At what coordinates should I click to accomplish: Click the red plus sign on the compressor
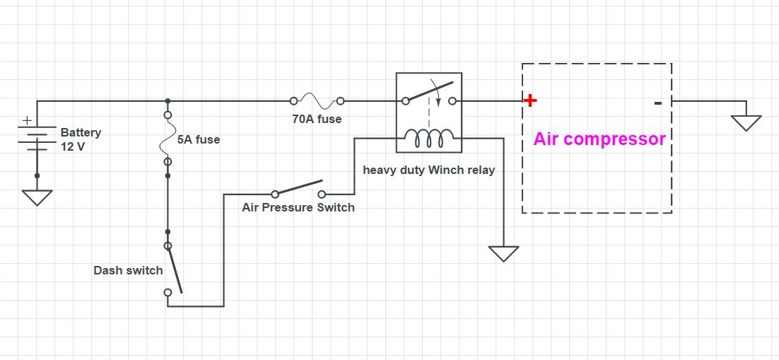point(530,100)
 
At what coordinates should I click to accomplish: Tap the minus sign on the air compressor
point(658,103)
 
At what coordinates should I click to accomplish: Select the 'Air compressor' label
point(599,139)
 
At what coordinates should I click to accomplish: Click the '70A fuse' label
point(317,119)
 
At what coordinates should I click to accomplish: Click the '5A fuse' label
point(198,139)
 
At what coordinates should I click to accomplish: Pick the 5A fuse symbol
point(168,137)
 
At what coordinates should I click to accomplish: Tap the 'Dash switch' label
point(128,270)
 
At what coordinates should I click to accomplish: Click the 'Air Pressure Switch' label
point(298,207)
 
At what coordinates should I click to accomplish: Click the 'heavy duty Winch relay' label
point(428,170)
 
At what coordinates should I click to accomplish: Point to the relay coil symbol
point(428,139)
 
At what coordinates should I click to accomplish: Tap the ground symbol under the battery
point(37,197)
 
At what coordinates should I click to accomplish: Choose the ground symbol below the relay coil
point(503,253)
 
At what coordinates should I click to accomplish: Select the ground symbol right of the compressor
point(746,123)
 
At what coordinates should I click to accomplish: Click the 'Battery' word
point(81,132)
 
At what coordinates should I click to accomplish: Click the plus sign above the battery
point(28,121)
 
